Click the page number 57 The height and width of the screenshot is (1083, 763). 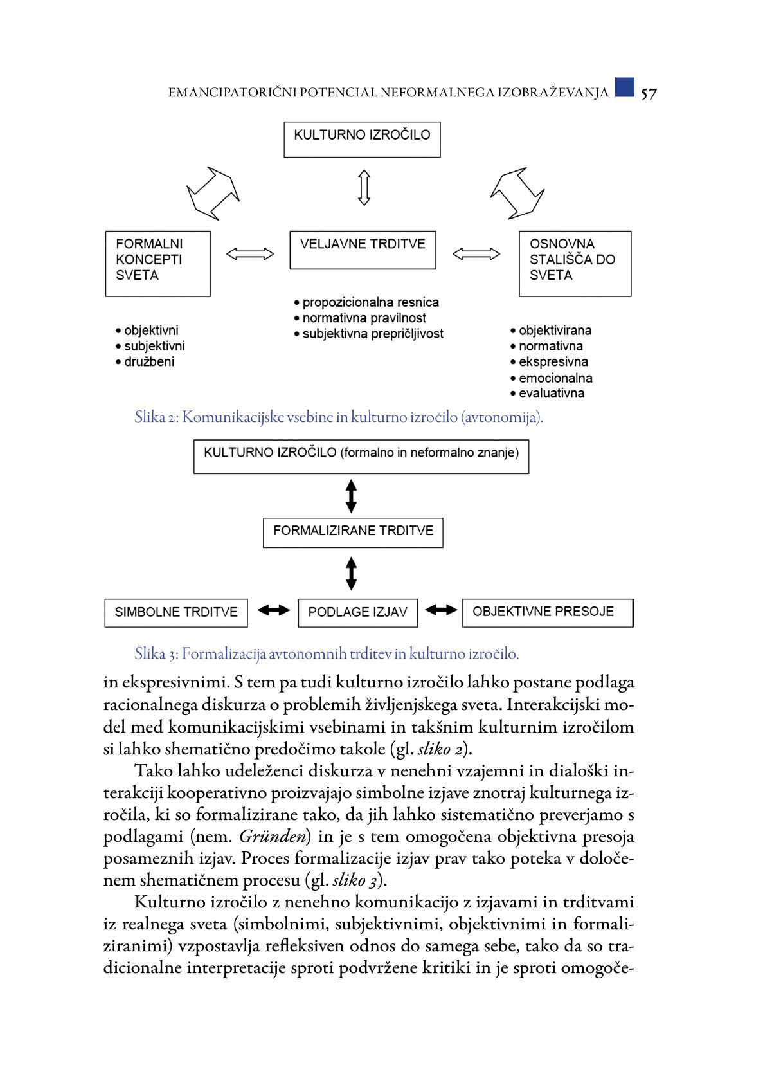pyautogui.click(x=649, y=94)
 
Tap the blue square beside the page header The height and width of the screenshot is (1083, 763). pyautogui.click(x=624, y=87)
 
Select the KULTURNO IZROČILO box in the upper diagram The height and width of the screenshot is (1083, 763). pyautogui.click(x=362, y=139)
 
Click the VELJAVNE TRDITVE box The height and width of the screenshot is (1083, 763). pyautogui.click(x=363, y=250)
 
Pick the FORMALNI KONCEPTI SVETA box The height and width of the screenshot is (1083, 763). pyautogui.click(x=157, y=263)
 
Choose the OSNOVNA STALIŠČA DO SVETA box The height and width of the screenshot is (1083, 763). pyautogui.click(x=575, y=263)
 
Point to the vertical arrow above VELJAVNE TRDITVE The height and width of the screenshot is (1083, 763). pyautogui.click(x=364, y=188)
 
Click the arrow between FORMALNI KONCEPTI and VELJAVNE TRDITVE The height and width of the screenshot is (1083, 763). pyautogui.click(x=250, y=254)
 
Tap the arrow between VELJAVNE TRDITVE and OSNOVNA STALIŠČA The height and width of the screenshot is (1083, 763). pyautogui.click(x=476, y=254)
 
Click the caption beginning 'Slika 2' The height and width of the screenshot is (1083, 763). pyautogui.click(x=338, y=417)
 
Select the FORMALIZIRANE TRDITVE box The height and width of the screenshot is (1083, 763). pyautogui.click(x=353, y=532)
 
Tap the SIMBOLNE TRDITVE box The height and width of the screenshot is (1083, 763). pyautogui.click(x=175, y=612)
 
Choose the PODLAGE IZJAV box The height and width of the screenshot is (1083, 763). pyautogui.click(x=357, y=612)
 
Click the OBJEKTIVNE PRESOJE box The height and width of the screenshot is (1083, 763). pyautogui.click(x=547, y=612)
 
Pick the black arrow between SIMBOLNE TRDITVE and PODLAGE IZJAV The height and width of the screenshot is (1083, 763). pyautogui.click(x=273, y=610)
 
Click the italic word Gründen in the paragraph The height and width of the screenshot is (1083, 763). pyautogui.click(x=273, y=837)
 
